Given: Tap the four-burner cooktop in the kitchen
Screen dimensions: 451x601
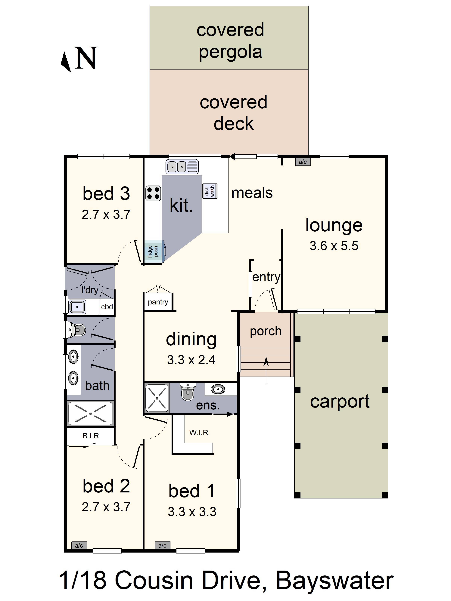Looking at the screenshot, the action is click(x=153, y=193).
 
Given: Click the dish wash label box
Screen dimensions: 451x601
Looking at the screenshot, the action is click(x=210, y=191).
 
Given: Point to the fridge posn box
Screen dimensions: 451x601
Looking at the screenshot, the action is click(x=153, y=252).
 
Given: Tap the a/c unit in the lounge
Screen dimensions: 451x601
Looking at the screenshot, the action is click(x=303, y=162).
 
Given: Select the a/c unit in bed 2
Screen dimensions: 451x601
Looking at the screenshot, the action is click(x=79, y=545).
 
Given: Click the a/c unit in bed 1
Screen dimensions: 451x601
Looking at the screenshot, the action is click(x=163, y=545).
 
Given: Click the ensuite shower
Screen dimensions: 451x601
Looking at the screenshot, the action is click(x=157, y=398).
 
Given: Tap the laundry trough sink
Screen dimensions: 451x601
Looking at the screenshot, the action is click(x=77, y=307).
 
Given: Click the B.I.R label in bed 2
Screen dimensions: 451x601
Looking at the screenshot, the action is click(x=91, y=436).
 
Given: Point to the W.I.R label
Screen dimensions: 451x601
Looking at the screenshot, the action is click(x=199, y=433).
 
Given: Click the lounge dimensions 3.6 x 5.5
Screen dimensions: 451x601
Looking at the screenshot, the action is click(x=334, y=246).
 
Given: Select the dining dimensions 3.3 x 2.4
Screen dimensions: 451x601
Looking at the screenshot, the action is click(x=191, y=360).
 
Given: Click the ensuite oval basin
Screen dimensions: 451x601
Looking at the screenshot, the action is click(x=218, y=389).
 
